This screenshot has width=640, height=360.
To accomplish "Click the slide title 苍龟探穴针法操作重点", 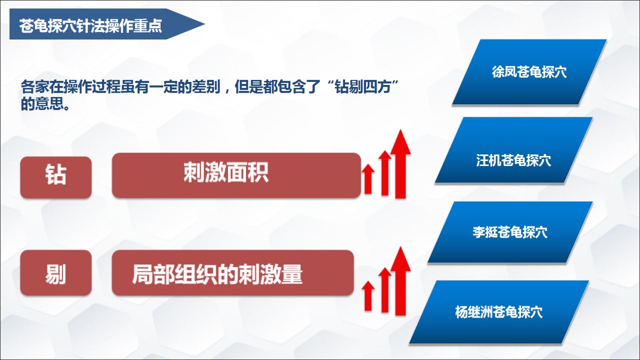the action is (90, 25).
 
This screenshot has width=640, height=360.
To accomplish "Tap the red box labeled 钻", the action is (56, 177).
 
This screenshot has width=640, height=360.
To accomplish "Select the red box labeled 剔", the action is (56, 273).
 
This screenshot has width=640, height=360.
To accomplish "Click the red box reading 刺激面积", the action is (236, 175).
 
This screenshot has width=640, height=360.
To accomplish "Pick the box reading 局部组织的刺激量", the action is (233, 273).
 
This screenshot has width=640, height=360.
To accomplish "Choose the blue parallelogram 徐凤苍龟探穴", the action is (529, 72).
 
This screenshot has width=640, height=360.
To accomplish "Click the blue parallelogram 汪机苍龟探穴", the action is (513, 150).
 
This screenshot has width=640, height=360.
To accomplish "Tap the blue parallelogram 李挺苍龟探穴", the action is (510, 232).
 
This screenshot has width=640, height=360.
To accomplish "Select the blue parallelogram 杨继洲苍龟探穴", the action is (499, 312).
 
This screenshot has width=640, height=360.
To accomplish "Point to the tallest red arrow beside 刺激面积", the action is (400, 163).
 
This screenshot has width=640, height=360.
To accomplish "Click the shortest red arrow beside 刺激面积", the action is (368, 179).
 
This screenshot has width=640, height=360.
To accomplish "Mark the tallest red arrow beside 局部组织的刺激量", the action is (400, 281).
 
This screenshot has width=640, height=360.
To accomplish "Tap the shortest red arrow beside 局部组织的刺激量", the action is (368, 295).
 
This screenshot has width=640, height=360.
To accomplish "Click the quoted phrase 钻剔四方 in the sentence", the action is (363, 86).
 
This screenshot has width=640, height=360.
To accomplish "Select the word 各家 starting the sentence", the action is (35, 86).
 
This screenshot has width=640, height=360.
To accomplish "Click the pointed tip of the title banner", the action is (204, 24).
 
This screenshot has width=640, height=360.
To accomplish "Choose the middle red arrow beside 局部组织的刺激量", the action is (385, 290).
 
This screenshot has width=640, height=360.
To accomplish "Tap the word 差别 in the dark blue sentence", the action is (205, 86).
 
